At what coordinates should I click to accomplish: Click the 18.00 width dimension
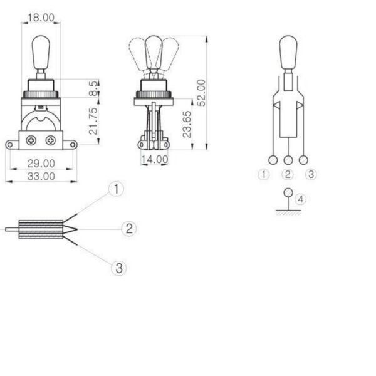pos(41,18)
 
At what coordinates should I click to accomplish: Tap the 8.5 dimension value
pos(93,88)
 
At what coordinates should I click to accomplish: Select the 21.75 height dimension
pos(93,121)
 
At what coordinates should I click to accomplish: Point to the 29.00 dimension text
pos(41,164)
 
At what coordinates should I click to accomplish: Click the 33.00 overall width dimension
pos(41,176)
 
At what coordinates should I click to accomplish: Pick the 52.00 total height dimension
pos(201,93)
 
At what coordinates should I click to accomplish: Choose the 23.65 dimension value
pos(187,124)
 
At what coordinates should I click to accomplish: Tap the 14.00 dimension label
pos(154,159)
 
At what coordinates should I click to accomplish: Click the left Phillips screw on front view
pos(31,140)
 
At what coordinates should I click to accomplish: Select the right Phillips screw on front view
pos(51,140)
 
